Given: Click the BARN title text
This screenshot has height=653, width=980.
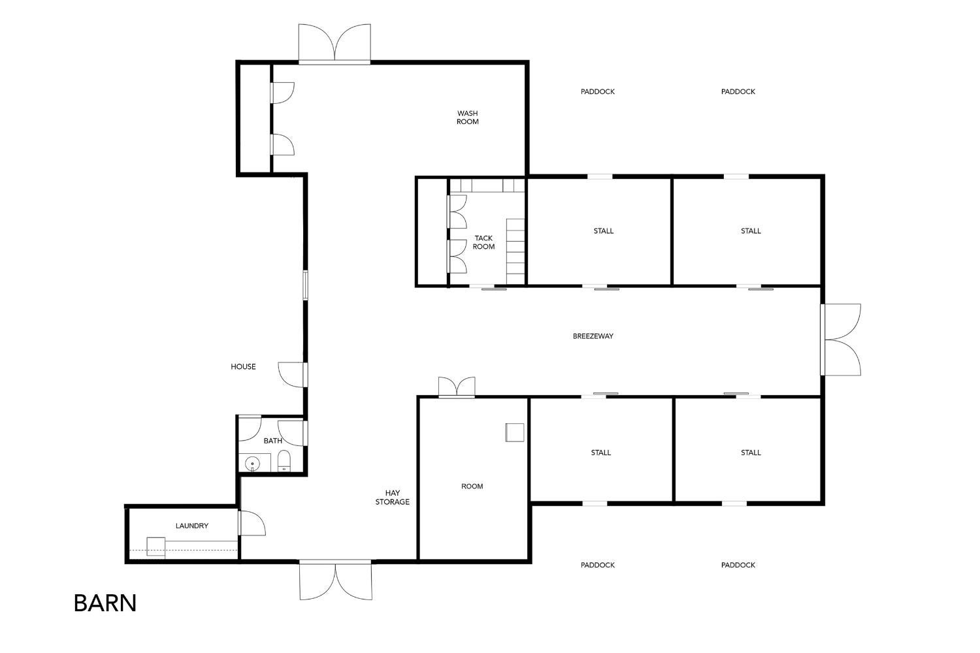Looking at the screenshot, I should tap(105, 603).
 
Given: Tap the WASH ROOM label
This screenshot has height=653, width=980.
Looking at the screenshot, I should tap(467, 118).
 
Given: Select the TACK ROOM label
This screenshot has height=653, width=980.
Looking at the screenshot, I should tap(483, 242).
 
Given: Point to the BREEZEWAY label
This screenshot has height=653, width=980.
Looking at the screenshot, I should tap(593, 336).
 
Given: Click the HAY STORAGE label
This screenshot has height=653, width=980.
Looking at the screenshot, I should tap(392, 498).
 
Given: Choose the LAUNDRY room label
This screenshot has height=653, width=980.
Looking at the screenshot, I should tap(192, 526).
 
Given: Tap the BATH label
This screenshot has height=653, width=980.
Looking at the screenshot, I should tap(272, 441).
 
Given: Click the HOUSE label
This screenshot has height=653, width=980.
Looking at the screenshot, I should tap(243, 367).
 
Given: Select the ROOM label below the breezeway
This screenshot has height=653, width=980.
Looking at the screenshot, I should tap(472, 486).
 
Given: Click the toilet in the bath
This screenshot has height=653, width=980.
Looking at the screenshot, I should tap(284, 464).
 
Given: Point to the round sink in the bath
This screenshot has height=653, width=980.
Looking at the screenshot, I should tap(253, 464).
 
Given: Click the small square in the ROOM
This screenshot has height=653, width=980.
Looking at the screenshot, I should tap(514, 432).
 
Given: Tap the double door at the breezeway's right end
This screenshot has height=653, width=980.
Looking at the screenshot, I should tap(841, 340).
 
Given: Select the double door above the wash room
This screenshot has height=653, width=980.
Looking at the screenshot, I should tap(335, 44).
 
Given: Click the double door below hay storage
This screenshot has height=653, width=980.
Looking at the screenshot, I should tap(336, 580).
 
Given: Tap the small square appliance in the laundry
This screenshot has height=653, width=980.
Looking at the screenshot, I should tap(155, 546).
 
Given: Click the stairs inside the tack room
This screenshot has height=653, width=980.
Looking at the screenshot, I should tap(515, 251).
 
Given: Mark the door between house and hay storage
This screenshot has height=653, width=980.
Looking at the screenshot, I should tap(292, 374).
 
